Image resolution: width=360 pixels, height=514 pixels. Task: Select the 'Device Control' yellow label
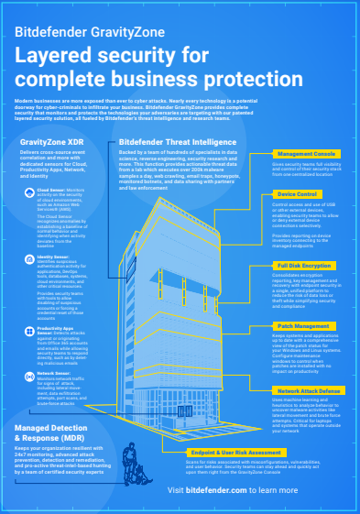point(298,194)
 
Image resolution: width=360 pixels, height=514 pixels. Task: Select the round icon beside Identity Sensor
point(31,258)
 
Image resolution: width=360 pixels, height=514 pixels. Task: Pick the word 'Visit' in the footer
point(179,490)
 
